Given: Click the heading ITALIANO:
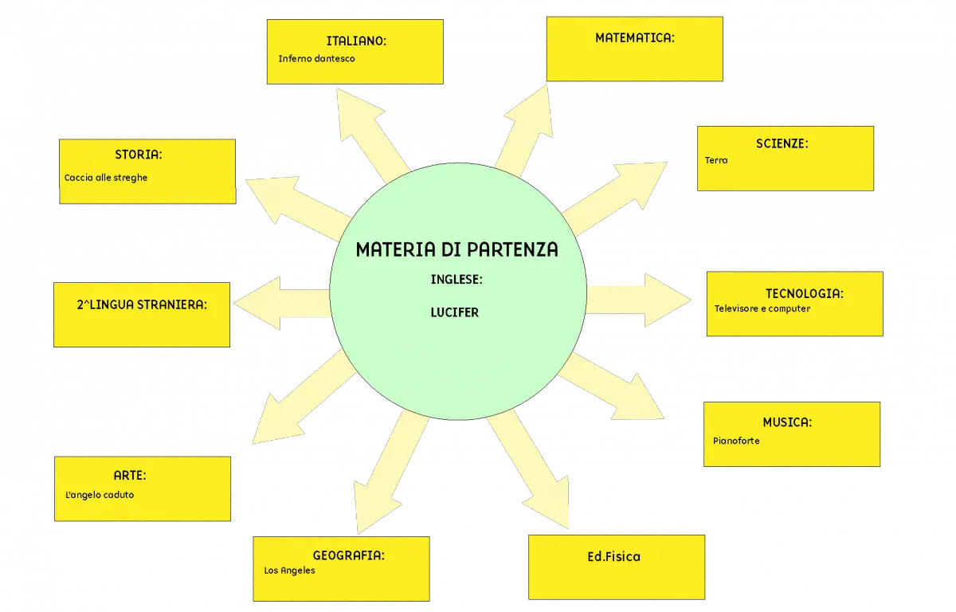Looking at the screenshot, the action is [x=356, y=41].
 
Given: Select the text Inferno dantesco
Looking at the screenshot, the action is [x=317, y=58].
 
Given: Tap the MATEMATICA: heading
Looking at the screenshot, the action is [x=635, y=38].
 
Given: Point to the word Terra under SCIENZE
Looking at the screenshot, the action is [x=716, y=160].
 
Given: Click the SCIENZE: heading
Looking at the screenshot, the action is [x=782, y=143].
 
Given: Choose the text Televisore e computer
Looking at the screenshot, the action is [x=762, y=308].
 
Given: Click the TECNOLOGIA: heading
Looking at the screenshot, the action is [x=805, y=293].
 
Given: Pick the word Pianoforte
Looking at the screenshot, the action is [x=736, y=441].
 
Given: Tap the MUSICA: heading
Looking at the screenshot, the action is [x=787, y=422].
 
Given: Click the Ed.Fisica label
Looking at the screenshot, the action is [x=613, y=556].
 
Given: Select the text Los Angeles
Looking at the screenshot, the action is [x=289, y=571].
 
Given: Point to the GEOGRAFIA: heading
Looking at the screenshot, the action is [x=349, y=555].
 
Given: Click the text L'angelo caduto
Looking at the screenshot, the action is [x=100, y=495].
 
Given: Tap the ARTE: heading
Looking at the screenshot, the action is [x=130, y=476].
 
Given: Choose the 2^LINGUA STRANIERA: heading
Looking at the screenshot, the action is [x=142, y=304].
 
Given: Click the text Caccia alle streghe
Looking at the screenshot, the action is [x=106, y=178].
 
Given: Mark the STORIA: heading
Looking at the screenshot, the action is [x=139, y=155].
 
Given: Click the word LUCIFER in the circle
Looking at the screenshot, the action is [x=455, y=313].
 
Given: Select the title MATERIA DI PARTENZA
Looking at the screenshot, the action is [x=456, y=249].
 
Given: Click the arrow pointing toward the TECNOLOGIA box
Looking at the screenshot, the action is [x=639, y=300].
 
